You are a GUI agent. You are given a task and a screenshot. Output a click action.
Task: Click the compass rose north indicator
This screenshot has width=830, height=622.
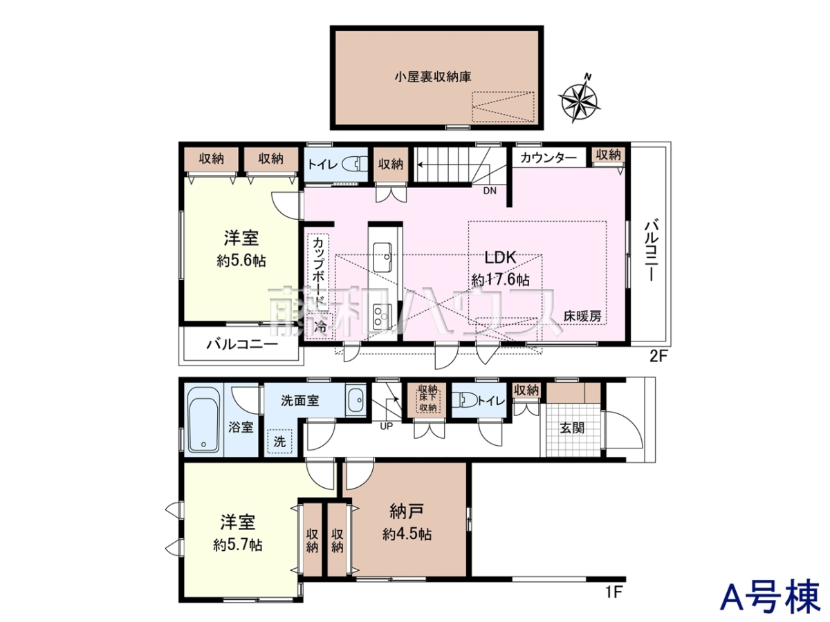tap(579, 98)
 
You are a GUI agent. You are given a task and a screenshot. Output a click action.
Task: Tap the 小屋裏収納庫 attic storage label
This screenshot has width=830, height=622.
tap(433, 77)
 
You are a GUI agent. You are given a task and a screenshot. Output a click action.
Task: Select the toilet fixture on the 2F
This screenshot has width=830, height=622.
tap(354, 164)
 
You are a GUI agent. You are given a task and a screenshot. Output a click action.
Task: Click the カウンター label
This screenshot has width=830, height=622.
tap(548, 158)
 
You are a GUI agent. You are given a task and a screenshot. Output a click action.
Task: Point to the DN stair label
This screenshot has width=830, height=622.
tap(490, 191)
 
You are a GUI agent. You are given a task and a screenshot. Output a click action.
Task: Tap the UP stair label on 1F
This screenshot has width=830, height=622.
tap(386, 426)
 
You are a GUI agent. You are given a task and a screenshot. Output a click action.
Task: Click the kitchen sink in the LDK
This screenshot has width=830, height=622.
tap(382, 257)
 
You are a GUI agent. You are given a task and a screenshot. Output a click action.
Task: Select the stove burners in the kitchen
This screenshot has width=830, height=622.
tap(382, 317)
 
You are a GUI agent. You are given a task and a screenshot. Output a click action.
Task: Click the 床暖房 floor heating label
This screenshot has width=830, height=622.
tap(582, 316)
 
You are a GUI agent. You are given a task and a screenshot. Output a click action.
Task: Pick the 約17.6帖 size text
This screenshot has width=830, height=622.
tap(500, 280)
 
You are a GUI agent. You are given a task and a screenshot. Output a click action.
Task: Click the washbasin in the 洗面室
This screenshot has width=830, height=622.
tap(356, 400)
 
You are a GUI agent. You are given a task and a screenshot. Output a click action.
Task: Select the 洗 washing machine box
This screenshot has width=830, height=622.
tap(279, 441)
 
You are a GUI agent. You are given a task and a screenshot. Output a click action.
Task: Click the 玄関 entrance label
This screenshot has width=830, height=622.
tap(572, 428)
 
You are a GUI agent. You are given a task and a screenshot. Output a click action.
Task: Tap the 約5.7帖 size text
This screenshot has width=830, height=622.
tap(238, 545)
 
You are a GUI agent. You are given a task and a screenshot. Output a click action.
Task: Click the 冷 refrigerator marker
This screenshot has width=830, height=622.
tap(320, 326)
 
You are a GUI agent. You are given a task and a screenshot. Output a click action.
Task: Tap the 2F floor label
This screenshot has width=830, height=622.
tap(658, 356)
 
